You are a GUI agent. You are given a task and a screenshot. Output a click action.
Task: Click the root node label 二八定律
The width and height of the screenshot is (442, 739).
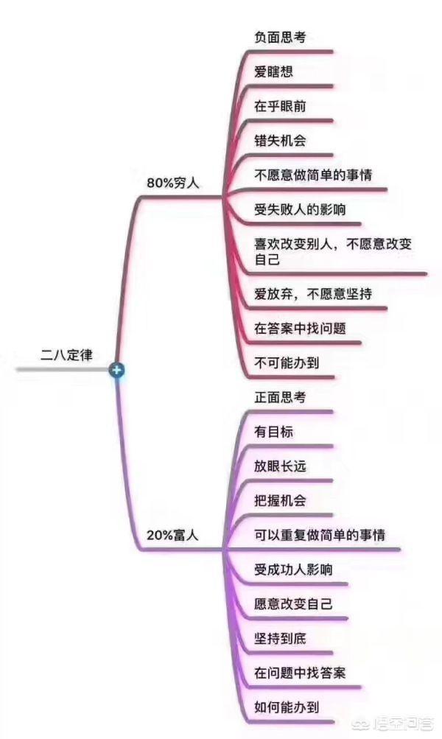tap(66, 354)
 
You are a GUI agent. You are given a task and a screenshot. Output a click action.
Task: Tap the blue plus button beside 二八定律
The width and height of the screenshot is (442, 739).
tap(116, 369)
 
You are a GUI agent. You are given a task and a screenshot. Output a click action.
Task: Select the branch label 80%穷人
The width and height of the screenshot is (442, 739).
tap(175, 181)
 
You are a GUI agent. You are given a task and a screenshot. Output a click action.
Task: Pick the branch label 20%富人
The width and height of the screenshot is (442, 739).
tap(175, 536)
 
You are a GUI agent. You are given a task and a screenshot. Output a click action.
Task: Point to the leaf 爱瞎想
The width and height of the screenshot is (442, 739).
tap(274, 71)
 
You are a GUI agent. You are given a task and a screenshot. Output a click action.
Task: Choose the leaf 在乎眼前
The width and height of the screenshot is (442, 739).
tap(280, 106)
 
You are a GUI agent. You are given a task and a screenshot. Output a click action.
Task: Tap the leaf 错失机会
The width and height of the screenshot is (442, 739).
tap(280, 140)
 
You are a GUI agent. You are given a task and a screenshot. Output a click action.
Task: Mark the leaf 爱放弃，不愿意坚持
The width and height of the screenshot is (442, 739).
tap(312, 294)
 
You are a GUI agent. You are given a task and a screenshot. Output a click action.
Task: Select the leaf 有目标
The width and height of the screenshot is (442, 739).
tap(274, 432)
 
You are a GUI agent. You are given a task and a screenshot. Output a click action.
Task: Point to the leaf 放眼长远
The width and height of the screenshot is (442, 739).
tap(280, 466)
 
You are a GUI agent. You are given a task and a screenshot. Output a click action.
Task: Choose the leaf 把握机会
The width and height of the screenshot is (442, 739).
tap(280, 500)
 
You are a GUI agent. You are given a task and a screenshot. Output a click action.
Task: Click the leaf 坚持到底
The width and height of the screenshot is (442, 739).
tap(280, 638)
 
